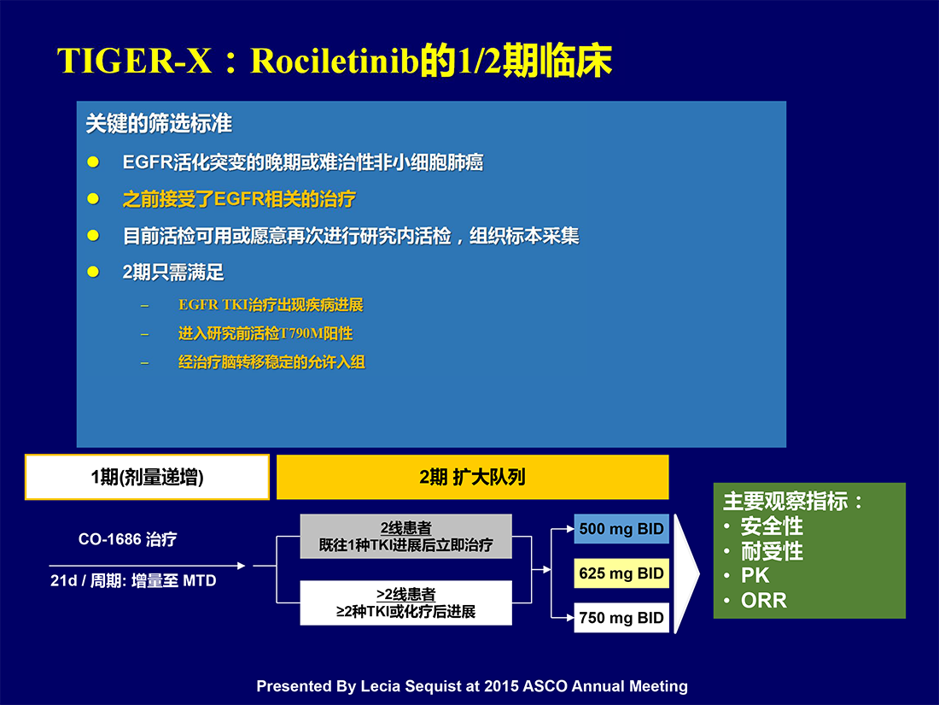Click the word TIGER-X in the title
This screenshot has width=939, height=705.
coord(135,61)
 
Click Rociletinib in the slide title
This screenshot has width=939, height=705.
coord(334,61)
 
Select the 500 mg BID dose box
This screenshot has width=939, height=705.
coord(621,529)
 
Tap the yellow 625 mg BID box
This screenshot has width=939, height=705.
coord(621,573)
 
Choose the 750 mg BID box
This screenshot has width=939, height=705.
coord(621,618)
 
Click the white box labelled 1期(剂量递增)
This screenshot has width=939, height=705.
coord(148,477)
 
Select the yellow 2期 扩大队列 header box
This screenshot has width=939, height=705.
coord(473,477)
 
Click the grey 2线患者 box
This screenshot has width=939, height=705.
coord(406,537)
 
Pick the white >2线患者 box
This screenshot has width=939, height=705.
coord(406,603)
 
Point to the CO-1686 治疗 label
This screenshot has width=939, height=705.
coord(127,539)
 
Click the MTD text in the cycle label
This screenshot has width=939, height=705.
coord(200,581)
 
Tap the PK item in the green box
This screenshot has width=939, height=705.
coord(755,575)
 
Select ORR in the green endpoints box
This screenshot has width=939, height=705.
coord(763,601)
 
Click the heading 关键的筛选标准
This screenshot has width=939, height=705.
coord(159,124)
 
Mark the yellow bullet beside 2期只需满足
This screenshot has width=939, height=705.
coord(93,272)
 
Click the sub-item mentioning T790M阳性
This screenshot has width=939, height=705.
coord(265,333)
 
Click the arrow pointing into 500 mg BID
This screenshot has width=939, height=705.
coord(563,529)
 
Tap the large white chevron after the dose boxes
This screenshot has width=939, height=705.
coord(687,573)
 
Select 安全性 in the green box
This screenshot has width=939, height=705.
coord(772,526)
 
